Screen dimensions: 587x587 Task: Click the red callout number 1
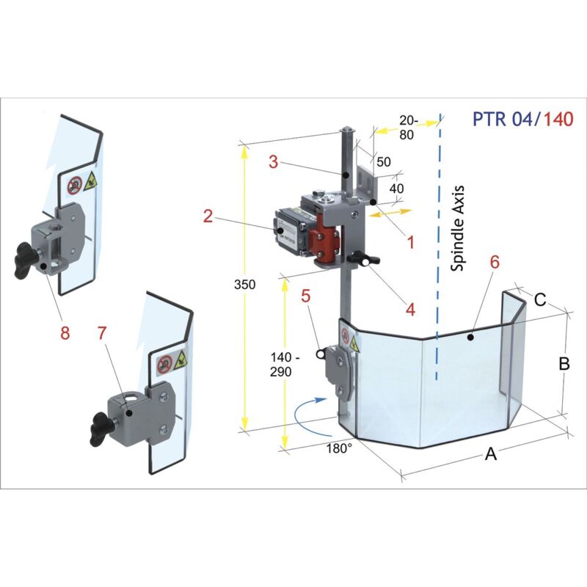pyautogui.click(x=411, y=240)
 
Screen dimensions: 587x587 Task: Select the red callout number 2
pyautogui.click(x=208, y=216)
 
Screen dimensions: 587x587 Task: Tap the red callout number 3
pyautogui.click(x=273, y=162)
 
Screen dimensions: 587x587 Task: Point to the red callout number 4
pyautogui.click(x=411, y=310)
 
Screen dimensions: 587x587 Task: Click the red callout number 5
pyautogui.click(x=306, y=296)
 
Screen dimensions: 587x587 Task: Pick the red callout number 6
pyautogui.click(x=495, y=263)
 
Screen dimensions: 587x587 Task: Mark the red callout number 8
pyautogui.click(x=65, y=332)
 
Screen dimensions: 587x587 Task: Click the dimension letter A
pyautogui.click(x=492, y=456)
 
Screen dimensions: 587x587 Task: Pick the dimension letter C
pyautogui.click(x=539, y=299)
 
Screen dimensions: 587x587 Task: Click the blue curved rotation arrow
pyautogui.click(x=302, y=410)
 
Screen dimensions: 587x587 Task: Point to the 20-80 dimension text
pyautogui.click(x=409, y=128)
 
